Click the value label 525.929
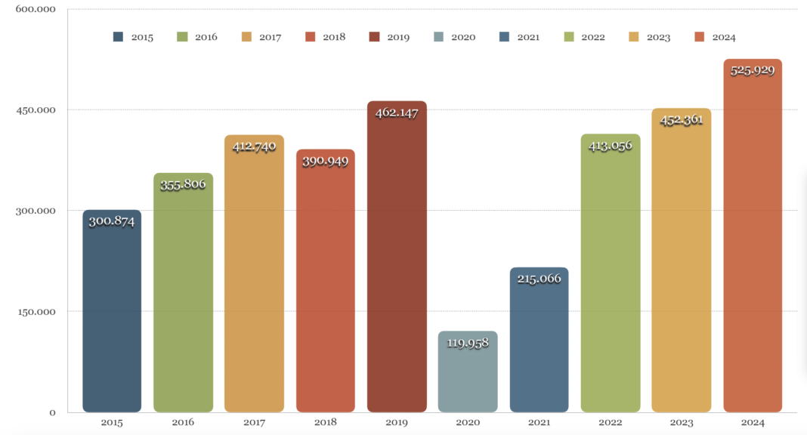pyautogui.click(x=753, y=70)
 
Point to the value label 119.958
pyautogui.click(x=468, y=343)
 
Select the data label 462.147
pyautogui.click(x=397, y=113)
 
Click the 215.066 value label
pyautogui.click(x=539, y=279)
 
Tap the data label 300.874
pyautogui.click(x=112, y=221)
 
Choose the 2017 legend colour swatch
pyautogui.click(x=246, y=37)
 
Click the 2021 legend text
pyautogui.click(x=528, y=37)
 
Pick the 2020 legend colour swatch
pyautogui.click(x=440, y=37)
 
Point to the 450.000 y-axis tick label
pyautogui.click(x=36, y=110)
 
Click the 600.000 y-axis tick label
pyautogui.click(x=36, y=9)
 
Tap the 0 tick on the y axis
pyautogui.click(x=52, y=412)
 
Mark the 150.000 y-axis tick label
pyautogui.click(x=36, y=311)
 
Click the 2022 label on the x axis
pyautogui.click(x=610, y=423)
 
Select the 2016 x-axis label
pyautogui.click(x=183, y=423)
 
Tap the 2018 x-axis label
pyautogui.click(x=325, y=423)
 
